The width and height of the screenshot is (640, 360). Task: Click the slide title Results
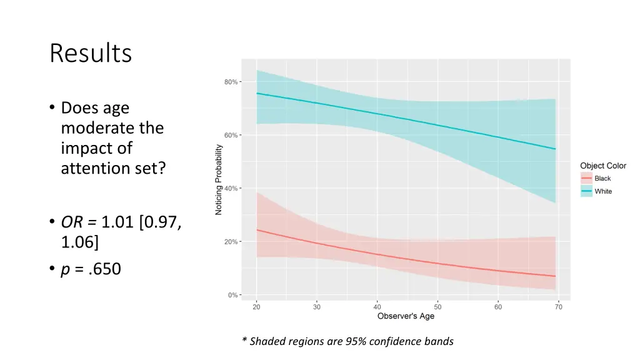(91, 54)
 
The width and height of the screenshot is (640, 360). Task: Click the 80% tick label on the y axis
(231, 82)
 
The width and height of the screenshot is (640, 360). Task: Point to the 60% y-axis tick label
(231, 135)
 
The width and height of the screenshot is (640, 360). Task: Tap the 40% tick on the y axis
(231, 188)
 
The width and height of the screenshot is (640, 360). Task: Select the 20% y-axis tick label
(231, 242)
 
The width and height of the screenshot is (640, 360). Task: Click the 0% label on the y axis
(233, 295)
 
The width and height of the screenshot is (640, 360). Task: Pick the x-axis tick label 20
(256, 306)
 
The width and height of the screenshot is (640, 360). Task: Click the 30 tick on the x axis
(317, 306)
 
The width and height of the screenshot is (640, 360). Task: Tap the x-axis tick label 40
(377, 306)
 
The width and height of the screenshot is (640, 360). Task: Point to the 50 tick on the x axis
(437, 306)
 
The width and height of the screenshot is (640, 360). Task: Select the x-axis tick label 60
(498, 306)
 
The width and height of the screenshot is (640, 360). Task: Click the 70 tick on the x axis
(558, 306)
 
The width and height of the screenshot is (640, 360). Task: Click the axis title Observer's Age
(406, 316)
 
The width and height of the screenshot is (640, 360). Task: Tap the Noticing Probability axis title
(219, 180)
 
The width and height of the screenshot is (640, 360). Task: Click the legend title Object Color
(603, 166)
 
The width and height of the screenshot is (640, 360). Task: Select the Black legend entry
(602, 179)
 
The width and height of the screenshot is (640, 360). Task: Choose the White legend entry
(603, 191)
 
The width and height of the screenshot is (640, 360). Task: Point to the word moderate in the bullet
(112, 128)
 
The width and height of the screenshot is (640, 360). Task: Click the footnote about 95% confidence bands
(347, 341)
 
